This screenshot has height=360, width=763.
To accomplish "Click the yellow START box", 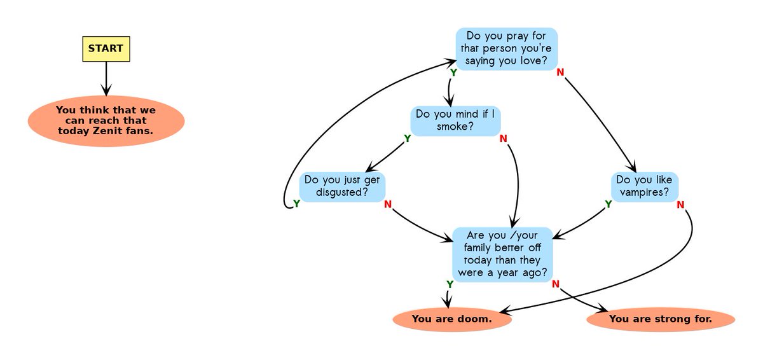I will (106, 48).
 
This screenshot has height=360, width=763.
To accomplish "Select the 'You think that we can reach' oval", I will (106, 120).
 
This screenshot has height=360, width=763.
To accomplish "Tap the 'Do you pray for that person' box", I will (506, 48).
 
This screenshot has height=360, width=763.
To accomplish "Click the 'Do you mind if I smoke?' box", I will (455, 120).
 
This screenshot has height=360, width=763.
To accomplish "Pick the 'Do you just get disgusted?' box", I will (342, 186).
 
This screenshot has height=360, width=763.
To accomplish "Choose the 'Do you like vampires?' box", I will (645, 186).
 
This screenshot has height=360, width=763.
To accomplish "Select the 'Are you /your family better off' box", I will (502, 254).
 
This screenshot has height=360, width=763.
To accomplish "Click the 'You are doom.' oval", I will (452, 319).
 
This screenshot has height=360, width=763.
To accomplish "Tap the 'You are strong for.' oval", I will (660, 319).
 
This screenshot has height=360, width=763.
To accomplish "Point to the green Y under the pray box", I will (453, 73).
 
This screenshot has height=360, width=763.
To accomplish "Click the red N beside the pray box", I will (560, 72).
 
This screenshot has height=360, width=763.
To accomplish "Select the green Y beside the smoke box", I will (408, 139).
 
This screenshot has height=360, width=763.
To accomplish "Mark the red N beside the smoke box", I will (503, 139).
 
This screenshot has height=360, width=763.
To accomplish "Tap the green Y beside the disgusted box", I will (296, 204).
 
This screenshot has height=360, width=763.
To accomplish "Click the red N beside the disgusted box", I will (388, 204).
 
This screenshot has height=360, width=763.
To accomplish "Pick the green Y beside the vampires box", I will (608, 204).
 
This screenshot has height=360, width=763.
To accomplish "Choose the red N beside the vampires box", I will (680, 204).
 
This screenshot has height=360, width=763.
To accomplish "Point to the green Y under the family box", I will (450, 284).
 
